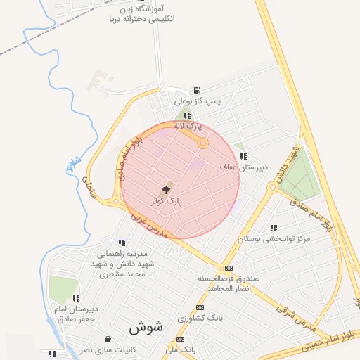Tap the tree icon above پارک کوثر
click(x=167, y=189)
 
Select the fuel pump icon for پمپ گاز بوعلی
click(x=195, y=91)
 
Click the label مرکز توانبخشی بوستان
click(x=273, y=239)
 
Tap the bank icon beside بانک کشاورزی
click(x=200, y=308)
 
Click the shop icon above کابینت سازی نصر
click(x=107, y=338)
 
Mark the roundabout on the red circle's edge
click(x=203, y=143)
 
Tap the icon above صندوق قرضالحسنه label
click(x=229, y=269)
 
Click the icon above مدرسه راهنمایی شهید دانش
click(x=122, y=243)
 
